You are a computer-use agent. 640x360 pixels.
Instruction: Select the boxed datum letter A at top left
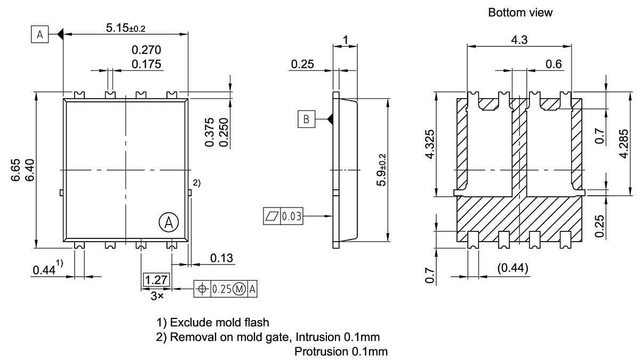[x=39, y=35]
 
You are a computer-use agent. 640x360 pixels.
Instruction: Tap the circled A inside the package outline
[x=169, y=222]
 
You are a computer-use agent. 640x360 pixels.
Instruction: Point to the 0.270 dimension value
[x=146, y=50]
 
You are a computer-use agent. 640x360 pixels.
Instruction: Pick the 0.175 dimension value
[x=146, y=65]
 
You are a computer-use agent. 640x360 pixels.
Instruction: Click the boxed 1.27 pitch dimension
[x=156, y=279]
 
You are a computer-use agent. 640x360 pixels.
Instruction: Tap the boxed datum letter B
[x=306, y=119]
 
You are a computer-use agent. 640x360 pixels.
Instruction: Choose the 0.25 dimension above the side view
[x=302, y=65]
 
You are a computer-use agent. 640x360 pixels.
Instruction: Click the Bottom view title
[x=520, y=13]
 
